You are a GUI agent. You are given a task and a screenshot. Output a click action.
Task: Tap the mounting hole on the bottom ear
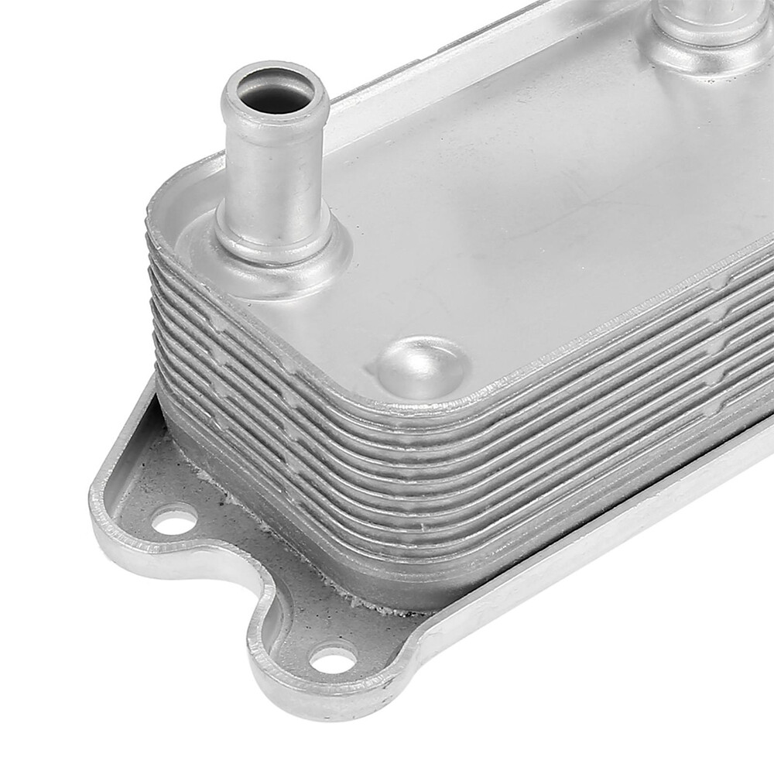click(x=334, y=659)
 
